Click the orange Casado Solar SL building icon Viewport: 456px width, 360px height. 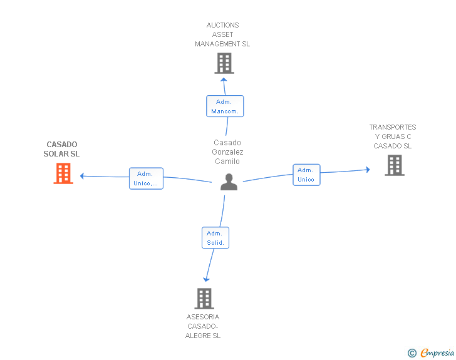point(63,173)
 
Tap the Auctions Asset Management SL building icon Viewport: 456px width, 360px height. point(224,63)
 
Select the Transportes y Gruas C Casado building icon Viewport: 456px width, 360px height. point(394,165)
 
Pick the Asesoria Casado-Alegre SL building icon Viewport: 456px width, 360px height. point(204,299)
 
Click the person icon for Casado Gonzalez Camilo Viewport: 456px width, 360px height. point(229,182)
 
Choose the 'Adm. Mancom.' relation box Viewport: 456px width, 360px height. point(225,106)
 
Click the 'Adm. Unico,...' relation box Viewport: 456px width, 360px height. point(146,178)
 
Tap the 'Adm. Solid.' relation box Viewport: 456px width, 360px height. point(215,238)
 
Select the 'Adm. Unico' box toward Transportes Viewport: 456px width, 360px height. point(306,175)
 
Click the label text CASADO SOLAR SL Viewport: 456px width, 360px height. point(62,149)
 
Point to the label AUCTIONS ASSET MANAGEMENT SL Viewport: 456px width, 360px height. point(222,35)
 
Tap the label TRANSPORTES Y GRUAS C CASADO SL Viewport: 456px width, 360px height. point(393,136)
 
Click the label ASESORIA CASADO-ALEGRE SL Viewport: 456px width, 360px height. point(203,326)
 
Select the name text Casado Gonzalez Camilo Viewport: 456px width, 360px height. point(227,152)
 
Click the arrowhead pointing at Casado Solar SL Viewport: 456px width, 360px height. point(82,176)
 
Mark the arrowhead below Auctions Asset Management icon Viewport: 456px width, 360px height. point(224,79)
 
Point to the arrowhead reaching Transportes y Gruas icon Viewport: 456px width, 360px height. point(368,170)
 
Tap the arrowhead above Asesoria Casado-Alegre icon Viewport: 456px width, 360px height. point(205,279)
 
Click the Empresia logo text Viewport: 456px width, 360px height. point(437,352)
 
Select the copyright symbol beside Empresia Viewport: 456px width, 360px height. point(412,353)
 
